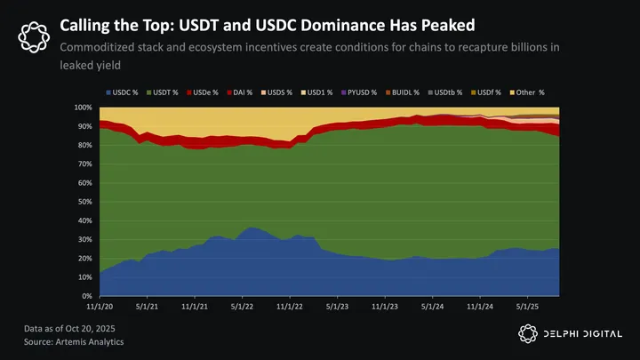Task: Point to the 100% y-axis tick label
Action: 84,108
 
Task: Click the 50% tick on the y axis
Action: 86,202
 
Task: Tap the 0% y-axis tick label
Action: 89,296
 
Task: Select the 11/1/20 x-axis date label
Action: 100,307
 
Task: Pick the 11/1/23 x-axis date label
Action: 385,307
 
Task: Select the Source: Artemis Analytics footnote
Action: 73,341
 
